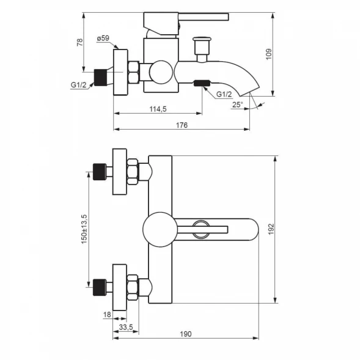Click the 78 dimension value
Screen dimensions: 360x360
click(79, 42)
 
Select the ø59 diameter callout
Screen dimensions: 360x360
click(103, 38)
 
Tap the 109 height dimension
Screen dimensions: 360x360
click(269, 54)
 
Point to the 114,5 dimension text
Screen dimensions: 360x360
click(158, 109)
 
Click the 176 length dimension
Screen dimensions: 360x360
click(182, 125)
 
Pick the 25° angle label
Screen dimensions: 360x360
click(237, 105)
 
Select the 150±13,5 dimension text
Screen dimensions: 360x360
click(84, 229)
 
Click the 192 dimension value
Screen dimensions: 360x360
click(271, 229)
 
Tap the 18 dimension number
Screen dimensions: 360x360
click(107, 315)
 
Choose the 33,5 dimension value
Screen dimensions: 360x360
click(126, 327)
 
